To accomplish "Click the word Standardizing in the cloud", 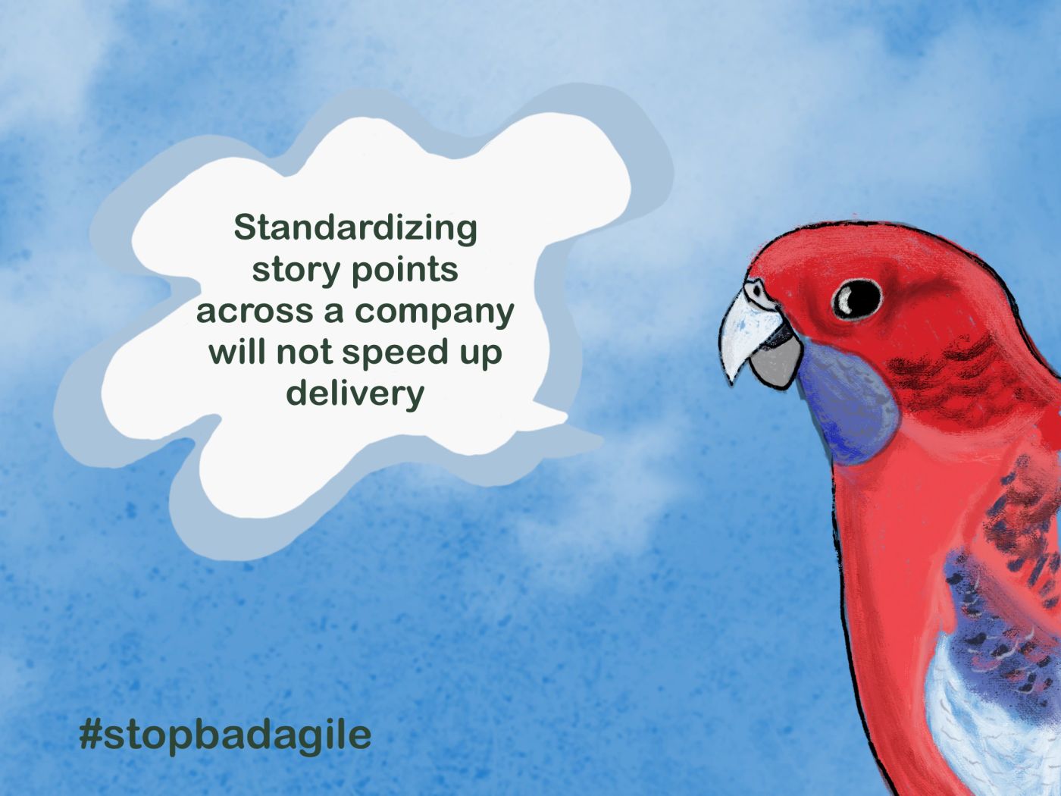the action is (x=355, y=230).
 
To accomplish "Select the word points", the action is (x=405, y=271).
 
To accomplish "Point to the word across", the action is (x=255, y=312).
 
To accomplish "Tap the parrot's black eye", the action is (x=857, y=299).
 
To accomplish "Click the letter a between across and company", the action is (x=334, y=312).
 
